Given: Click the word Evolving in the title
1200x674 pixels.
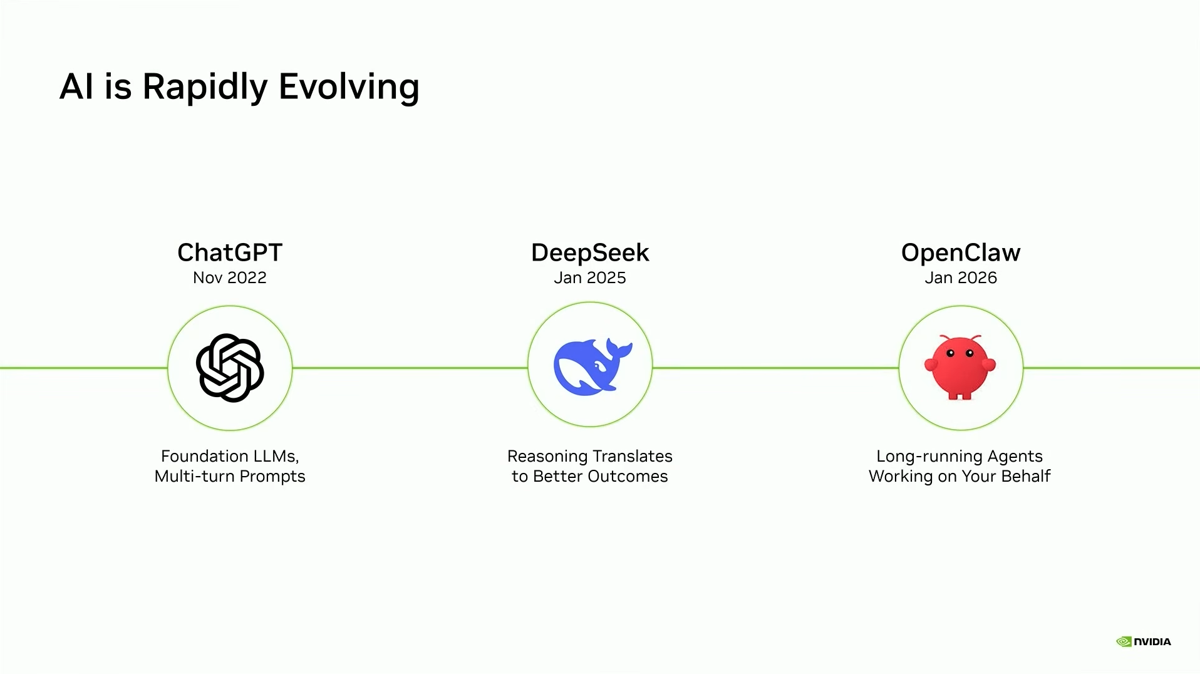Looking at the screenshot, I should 348,86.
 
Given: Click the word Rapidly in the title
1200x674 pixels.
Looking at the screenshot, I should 205,86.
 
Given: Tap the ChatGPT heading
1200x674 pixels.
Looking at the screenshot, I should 230,252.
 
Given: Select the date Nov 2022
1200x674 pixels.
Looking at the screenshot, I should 230,277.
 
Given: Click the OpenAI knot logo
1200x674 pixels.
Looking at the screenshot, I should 230,368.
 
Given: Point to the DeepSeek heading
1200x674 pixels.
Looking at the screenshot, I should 590,252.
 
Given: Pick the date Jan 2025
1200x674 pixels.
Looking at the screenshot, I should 590,277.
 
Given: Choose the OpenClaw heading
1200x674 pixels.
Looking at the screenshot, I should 961,252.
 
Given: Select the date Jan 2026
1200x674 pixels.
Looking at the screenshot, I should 961,277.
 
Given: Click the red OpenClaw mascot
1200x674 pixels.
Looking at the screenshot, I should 960,368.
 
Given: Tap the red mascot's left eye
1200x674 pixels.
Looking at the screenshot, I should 950,353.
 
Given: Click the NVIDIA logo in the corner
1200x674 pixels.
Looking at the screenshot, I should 1144,641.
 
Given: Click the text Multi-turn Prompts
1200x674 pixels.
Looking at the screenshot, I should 230,476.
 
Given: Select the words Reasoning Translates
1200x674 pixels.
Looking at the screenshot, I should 590,456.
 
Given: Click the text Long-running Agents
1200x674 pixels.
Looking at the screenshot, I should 959,456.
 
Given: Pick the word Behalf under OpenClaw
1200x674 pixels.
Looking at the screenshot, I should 1025,476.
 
